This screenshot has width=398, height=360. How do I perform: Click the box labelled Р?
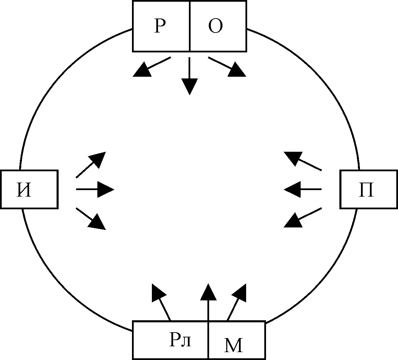point(161,26)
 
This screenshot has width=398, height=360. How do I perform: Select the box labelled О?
point(218,26)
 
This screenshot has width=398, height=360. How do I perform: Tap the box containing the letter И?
point(29,189)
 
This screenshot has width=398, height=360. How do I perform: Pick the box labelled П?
point(369,189)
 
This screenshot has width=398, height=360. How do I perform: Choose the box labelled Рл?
point(170,340)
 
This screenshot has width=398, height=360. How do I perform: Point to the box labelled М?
point(237,340)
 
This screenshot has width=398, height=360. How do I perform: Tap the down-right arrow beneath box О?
point(227,66)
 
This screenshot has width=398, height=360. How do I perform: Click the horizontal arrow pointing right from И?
point(95,189)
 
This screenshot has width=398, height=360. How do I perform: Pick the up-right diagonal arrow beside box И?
point(91,164)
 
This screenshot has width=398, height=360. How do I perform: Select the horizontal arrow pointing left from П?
point(303,189)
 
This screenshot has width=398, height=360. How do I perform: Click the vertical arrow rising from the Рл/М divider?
point(208,301)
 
